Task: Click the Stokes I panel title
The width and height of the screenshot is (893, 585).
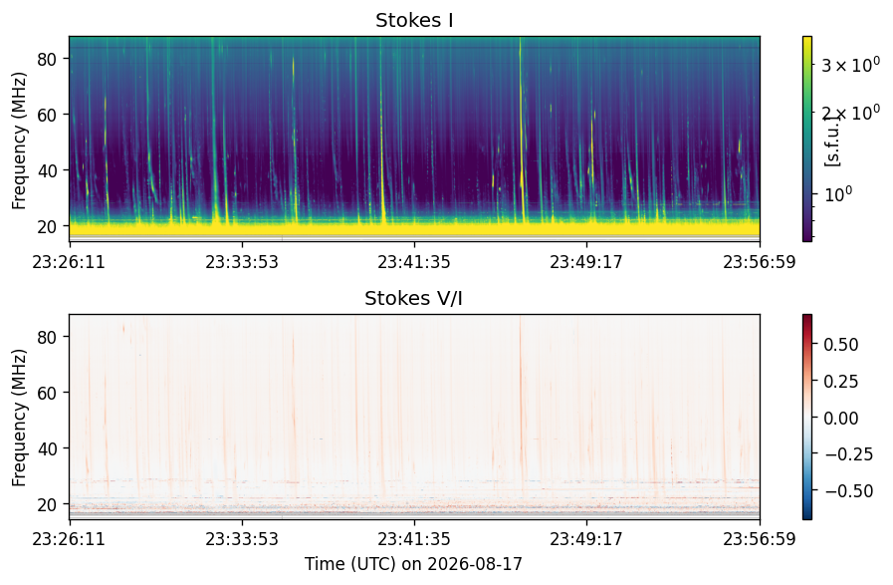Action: point(414,21)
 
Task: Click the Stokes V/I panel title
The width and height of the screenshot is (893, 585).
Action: point(413,298)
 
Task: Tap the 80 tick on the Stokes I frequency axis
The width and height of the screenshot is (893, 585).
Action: point(47,59)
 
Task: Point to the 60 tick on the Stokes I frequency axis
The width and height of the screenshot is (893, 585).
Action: point(47,115)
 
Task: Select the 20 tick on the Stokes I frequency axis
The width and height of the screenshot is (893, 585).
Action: point(47,226)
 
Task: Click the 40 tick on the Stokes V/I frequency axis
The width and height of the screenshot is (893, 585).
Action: point(47,448)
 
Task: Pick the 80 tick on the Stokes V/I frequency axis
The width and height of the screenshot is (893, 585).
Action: point(47,337)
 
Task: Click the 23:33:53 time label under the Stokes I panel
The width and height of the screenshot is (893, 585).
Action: point(242,262)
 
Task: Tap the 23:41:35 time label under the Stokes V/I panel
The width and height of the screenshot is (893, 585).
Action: point(414,539)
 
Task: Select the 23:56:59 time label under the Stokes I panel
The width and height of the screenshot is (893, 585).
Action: point(760,262)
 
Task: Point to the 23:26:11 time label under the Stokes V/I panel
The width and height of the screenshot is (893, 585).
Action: point(69,539)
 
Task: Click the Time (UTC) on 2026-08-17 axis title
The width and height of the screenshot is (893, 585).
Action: point(413,564)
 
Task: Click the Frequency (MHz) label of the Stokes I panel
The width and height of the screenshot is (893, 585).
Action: point(19,141)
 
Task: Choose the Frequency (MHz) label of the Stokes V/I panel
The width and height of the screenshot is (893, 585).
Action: point(19,419)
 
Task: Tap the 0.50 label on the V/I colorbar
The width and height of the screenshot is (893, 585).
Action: point(840,345)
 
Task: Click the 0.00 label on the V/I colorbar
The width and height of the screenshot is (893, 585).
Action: point(840,418)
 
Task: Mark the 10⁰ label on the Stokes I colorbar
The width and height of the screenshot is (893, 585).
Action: point(837,194)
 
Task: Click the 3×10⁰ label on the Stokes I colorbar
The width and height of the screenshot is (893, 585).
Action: point(851,65)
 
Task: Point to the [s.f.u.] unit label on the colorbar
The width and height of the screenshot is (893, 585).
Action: point(832,141)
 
